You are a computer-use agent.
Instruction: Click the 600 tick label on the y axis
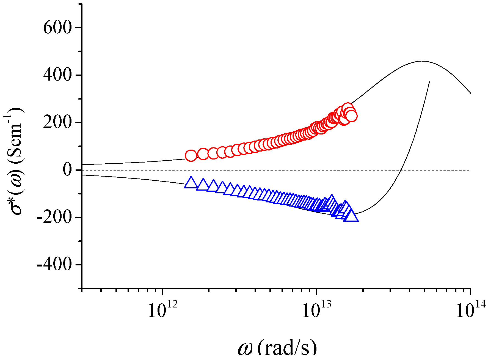(57, 28)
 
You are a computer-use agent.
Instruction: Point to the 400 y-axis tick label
(57, 75)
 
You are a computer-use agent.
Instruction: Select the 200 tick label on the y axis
(57, 123)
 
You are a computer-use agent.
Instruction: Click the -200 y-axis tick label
(54, 218)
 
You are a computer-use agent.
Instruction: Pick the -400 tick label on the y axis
(54, 265)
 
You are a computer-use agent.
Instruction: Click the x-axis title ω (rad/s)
(277, 348)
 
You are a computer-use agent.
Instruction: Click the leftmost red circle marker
(191, 156)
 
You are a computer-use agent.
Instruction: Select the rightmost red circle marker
(351, 116)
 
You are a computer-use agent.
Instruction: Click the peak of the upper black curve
(422, 61)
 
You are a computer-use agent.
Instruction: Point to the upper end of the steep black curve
(429, 82)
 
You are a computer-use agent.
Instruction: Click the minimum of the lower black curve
(355, 214)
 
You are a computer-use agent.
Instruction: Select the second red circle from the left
(203, 154)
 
